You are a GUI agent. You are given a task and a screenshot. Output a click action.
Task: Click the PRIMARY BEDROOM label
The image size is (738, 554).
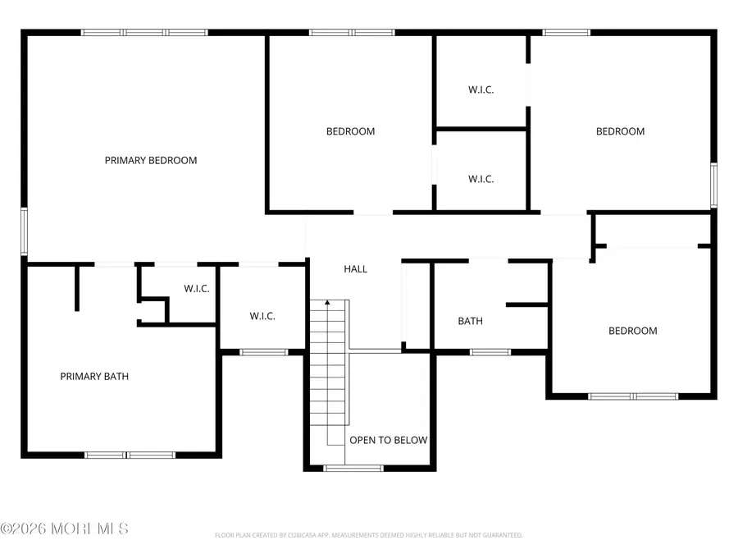click(x=151, y=160)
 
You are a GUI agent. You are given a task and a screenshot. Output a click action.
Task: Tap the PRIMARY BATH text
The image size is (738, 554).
click(x=94, y=377)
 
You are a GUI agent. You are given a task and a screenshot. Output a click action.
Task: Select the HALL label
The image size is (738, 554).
click(x=355, y=268)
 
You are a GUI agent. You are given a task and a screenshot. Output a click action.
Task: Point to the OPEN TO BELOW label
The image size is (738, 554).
click(x=388, y=440)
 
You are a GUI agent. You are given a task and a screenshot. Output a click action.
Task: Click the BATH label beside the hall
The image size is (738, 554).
click(x=470, y=321)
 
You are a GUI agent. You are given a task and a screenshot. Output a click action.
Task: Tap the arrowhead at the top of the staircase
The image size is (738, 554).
click(x=328, y=303)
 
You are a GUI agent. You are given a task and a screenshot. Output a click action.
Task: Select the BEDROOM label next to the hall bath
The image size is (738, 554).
click(x=632, y=331)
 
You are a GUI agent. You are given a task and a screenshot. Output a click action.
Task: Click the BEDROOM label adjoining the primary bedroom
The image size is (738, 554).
click(x=350, y=131)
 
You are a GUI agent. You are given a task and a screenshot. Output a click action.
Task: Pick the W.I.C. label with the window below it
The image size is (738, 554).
click(x=262, y=316)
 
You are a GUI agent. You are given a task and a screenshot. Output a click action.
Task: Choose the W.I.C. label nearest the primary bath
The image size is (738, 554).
click(x=196, y=288)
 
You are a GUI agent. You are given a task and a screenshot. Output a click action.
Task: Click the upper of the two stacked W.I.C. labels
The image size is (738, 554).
click(x=481, y=89)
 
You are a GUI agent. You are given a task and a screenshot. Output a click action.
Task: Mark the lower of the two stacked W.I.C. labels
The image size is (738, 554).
click(x=481, y=179)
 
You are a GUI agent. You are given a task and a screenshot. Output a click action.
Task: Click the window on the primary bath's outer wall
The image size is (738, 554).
click(x=130, y=454)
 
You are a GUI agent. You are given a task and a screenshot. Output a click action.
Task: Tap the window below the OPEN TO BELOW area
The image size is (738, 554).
click(x=353, y=468)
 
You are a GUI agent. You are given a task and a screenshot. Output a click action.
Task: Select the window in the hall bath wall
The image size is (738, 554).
click(x=490, y=352)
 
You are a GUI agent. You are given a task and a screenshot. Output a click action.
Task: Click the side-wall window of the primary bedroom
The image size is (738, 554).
click(x=25, y=231)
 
